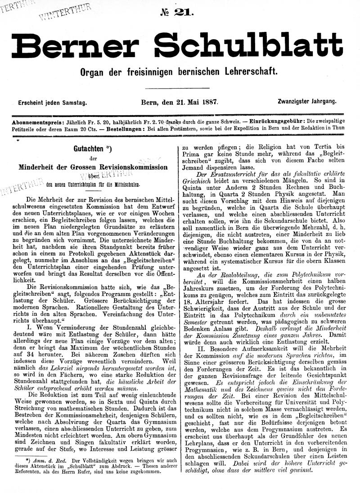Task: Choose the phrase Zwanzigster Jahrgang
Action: coord(307,102)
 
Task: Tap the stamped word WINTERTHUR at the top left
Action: coord(65,12)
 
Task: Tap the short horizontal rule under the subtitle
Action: coord(183,88)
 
